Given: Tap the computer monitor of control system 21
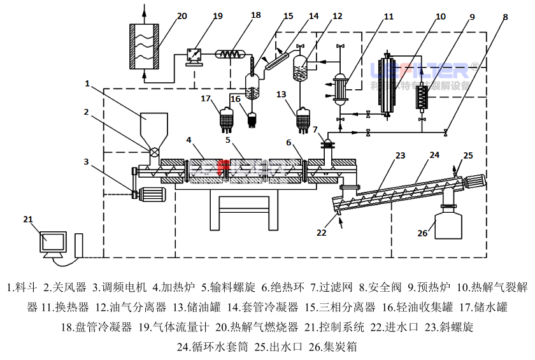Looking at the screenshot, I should pos(53,243).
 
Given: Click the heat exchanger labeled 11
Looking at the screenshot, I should pos(341,89).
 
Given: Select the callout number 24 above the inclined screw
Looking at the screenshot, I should pos(434,155).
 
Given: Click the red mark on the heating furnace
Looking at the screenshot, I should pos(222,169).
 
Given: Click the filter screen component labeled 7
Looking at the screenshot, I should pos(329,144).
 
